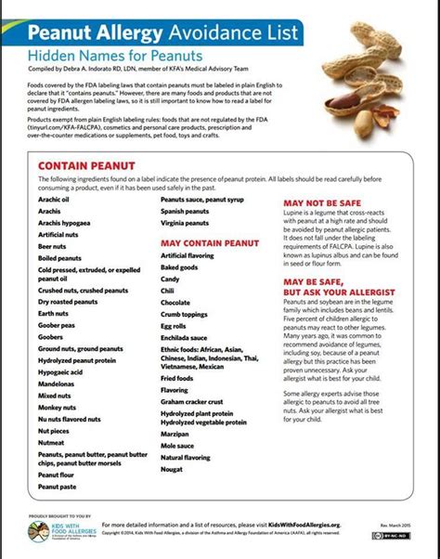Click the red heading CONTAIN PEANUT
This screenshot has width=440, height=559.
coord(82,165)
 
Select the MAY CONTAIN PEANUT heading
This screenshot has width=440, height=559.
coord(209,242)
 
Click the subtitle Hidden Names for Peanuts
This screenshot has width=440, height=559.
coord(101,57)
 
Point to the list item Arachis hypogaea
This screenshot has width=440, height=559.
coord(64,223)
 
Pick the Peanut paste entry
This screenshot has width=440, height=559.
coord(58,485)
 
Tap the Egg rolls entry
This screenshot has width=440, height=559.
coord(174,326)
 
